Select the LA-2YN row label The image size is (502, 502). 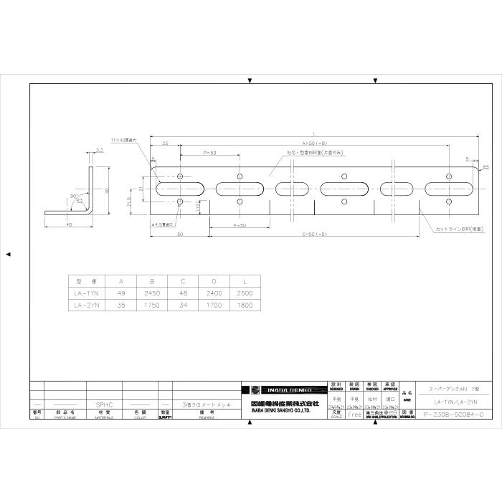[87, 304]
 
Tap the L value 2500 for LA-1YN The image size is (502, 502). [245, 293]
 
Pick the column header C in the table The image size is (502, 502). [182, 280]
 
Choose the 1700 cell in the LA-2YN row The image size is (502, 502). [214, 304]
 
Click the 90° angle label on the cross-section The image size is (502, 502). [74, 195]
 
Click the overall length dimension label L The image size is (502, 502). [315, 133]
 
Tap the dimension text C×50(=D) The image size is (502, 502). [315, 234]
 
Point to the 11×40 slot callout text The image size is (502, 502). [126, 140]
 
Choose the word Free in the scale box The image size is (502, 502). [354, 415]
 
